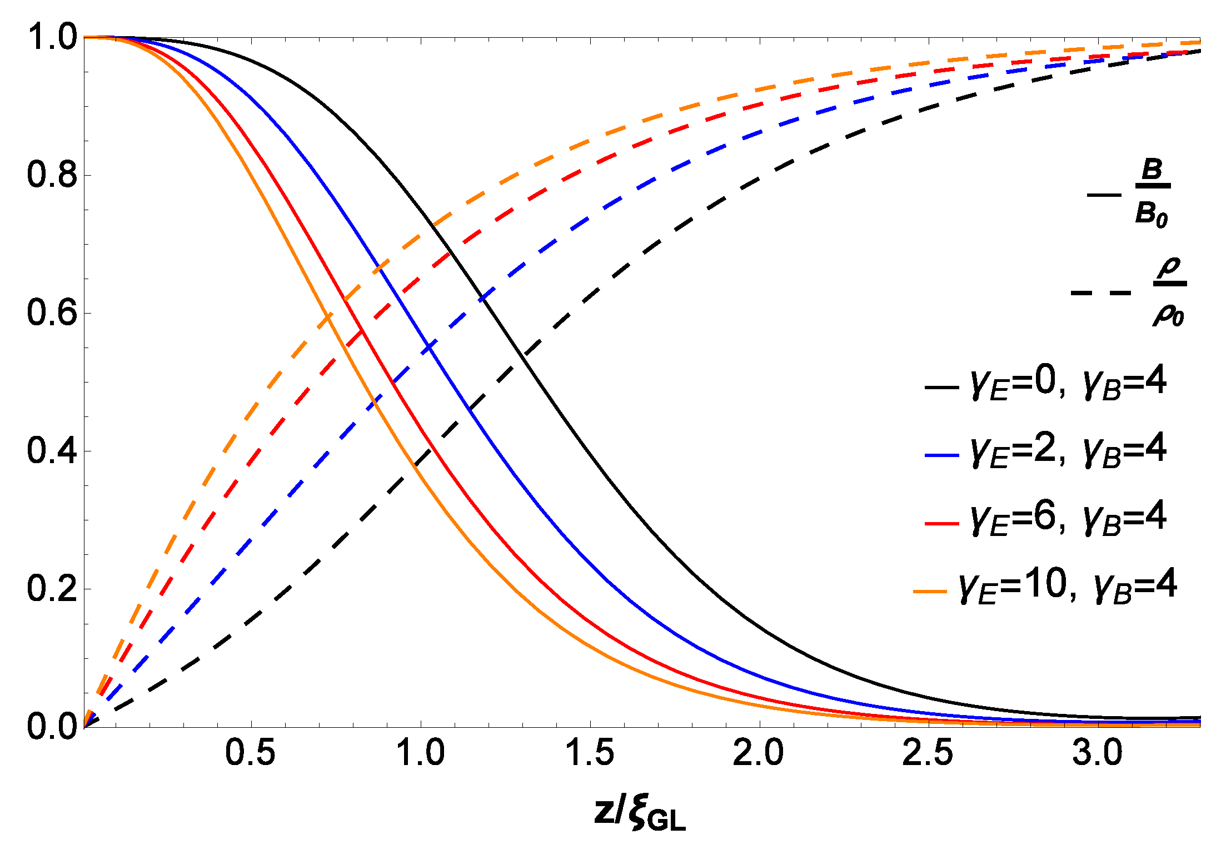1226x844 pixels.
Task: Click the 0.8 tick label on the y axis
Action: click(52, 175)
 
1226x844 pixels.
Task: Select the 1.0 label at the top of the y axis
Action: click(52, 37)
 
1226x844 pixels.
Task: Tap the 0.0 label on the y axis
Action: click(52, 726)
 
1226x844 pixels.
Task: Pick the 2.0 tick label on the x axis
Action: click(758, 753)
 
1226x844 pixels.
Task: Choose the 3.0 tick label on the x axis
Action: click(1097, 753)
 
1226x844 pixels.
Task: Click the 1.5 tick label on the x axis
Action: click(589, 753)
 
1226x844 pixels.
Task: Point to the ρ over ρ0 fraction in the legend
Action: click(1169, 292)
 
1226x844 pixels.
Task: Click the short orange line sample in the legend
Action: click(930, 591)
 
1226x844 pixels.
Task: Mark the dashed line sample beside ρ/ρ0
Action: click(1100, 292)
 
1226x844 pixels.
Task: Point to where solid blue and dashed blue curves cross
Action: click(430, 347)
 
